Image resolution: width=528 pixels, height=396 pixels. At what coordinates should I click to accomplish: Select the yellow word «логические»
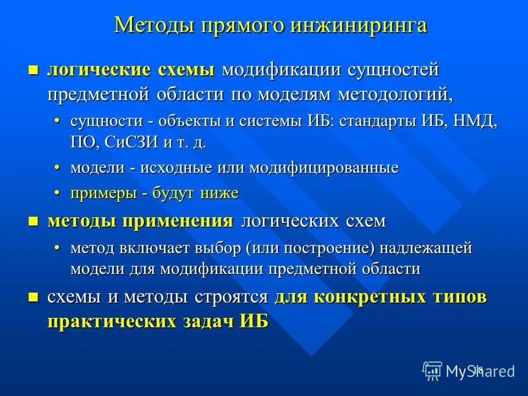99,70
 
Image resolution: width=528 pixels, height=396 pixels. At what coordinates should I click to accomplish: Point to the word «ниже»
219,193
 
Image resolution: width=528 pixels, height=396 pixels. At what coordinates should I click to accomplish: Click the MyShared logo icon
432,371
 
